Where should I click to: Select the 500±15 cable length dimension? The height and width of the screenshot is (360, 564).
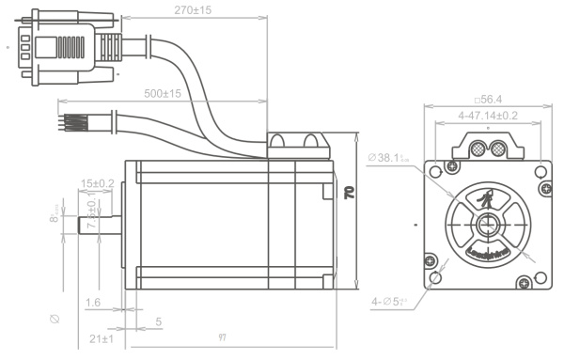click(162, 94)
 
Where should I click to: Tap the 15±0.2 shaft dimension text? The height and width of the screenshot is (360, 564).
click(98, 182)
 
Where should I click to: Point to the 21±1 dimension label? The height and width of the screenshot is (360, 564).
click(101, 338)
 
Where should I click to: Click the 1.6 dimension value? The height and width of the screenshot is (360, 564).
click(92, 303)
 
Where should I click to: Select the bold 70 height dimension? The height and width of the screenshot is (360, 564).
click(349, 193)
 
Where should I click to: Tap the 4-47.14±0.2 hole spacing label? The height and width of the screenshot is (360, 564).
click(487, 115)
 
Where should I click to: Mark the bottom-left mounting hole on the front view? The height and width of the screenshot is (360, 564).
click(434, 279)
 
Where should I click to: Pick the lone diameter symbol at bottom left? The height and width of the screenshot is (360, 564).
click(55, 320)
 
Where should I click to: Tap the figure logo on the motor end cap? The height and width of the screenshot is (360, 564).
click(487, 199)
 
